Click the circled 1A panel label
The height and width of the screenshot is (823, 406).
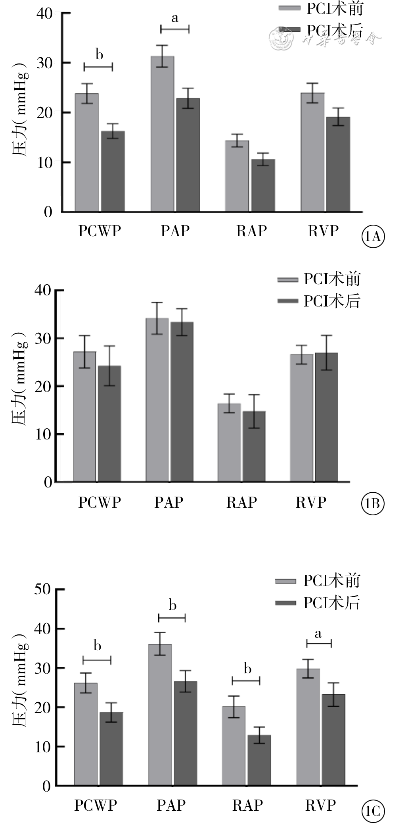pyautogui.click(x=373, y=237)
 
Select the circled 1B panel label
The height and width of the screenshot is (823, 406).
pyautogui.click(x=373, y=503)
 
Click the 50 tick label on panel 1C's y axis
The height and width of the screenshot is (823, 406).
pyautogui.click(x=43, y=589)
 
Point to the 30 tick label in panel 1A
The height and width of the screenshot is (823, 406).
pyautogui.click(x=44, y=63)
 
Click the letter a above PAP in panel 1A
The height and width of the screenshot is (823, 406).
pyautogui.click(x=175, y=18)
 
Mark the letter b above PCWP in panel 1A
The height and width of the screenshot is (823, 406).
pyautogui.click(x=99, y=54)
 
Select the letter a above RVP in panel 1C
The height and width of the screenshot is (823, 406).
pyautogui.click(x=318, y=634)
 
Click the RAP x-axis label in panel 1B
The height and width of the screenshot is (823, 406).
pyautogui.click(x=241, y=502)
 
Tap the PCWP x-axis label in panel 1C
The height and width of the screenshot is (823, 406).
pyautogui.click(x=96, y=805)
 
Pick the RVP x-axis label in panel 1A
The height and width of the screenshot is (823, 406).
pyautogui.click(x=323, y=231)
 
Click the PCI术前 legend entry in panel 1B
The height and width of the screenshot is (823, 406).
pyautogui.click(x=320, y=279)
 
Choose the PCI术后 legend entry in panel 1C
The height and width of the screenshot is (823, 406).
pyautogui.click(x=318, y=603)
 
